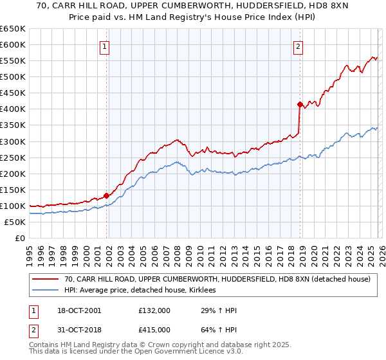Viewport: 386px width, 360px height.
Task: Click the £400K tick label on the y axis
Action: [12, 109]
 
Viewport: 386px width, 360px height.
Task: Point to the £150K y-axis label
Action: [12, 190]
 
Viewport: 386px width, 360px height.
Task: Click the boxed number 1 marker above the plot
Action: [104, 46]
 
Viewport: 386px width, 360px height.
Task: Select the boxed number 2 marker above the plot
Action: [299, 46]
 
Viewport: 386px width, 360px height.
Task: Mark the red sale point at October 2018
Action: [300, 104]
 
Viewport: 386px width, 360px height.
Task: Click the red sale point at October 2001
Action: [106, 195]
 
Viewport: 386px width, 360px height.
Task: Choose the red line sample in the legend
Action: [46, 280]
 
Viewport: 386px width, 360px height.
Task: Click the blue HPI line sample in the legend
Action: [46, 291]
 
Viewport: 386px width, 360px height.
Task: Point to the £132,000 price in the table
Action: [154, 310]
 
